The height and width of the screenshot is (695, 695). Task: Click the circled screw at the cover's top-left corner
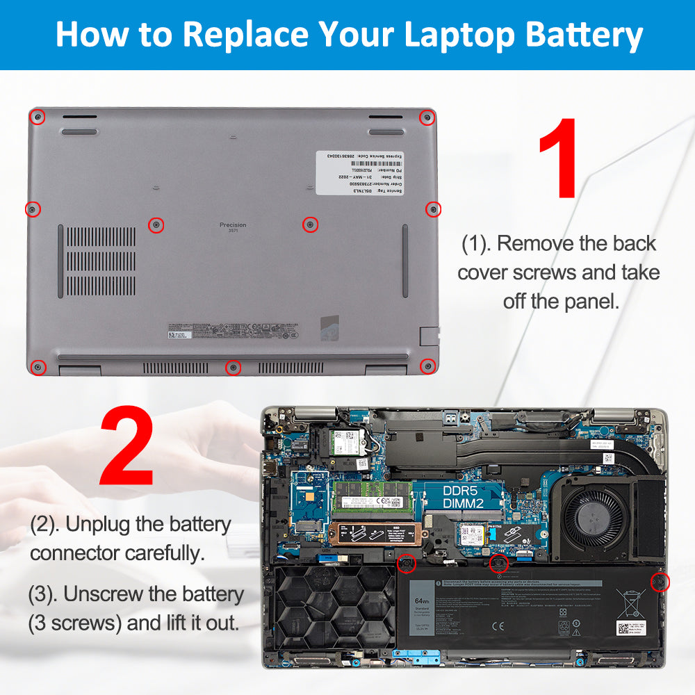[x=40, y=116]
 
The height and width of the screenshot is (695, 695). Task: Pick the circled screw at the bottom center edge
[x=234, y=367]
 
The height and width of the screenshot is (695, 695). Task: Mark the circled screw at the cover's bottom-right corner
[x=428, y=366]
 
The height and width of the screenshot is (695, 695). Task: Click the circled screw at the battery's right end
[x=661, y=582]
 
